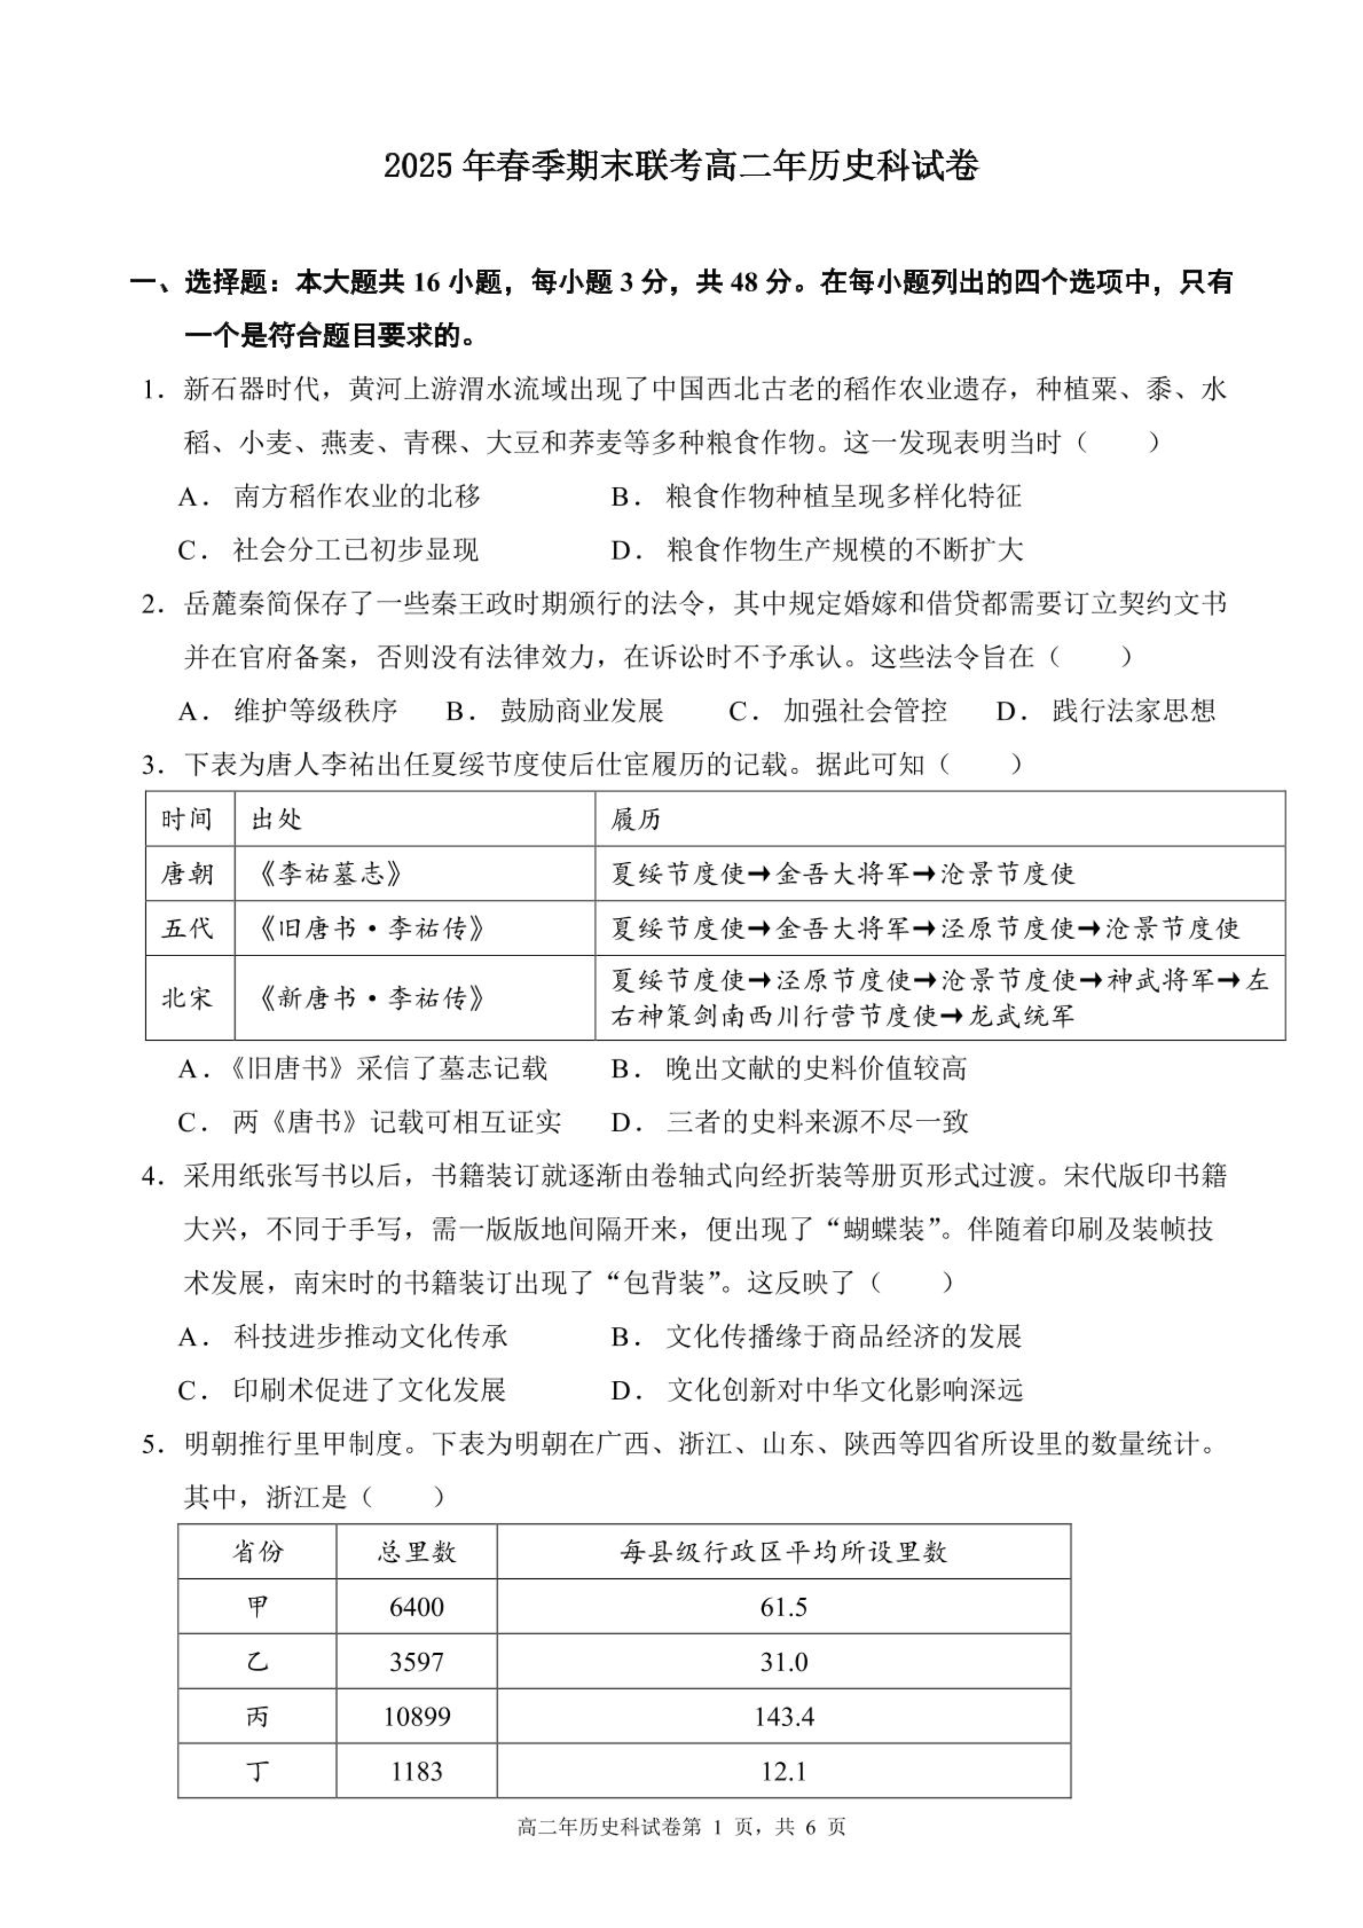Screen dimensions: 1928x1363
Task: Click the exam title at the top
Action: click(x=681, y=166)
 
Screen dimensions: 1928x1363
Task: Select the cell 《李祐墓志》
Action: click(x=330, y=874)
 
